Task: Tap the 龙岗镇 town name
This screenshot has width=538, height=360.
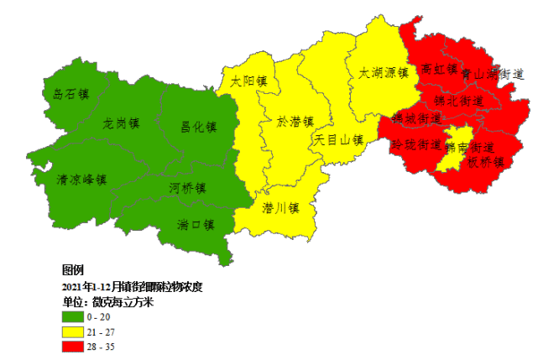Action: pyautogui.click(x=121, y=123)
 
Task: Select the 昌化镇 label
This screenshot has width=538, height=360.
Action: pyautogui.click(x=199, y=128)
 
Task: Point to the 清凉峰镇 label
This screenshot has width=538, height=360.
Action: pyautogui.click(x=81, y=179)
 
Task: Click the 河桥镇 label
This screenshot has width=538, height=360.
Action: pyautogui.click(x=188, y=187)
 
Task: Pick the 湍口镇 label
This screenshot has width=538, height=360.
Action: pyautogui.click(x=196, y=224)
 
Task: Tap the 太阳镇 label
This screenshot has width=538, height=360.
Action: pyautogui.click(x=249, y=82)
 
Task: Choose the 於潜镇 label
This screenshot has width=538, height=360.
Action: pyautogui.click(x=295, y=122)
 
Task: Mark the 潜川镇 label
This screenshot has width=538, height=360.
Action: pyautogui.click(x=281, y=206)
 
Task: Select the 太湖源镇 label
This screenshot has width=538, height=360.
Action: pyautogui.click(x=383, y=73)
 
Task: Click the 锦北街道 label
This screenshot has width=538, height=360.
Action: pyautogui.click(x=458, y=100)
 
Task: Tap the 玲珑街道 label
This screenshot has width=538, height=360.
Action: pyautogui.click(x=416, y=144)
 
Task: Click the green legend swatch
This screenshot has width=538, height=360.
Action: pyautogui.click(x=72, y=317)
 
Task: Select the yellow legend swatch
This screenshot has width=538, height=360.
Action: pyautogui.click(x=72, y=331)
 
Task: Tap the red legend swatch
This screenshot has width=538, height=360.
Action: pyautogui.click(x=72, y=346)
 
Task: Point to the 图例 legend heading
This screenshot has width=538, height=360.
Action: pyautogui.click(x=73, y=270)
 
